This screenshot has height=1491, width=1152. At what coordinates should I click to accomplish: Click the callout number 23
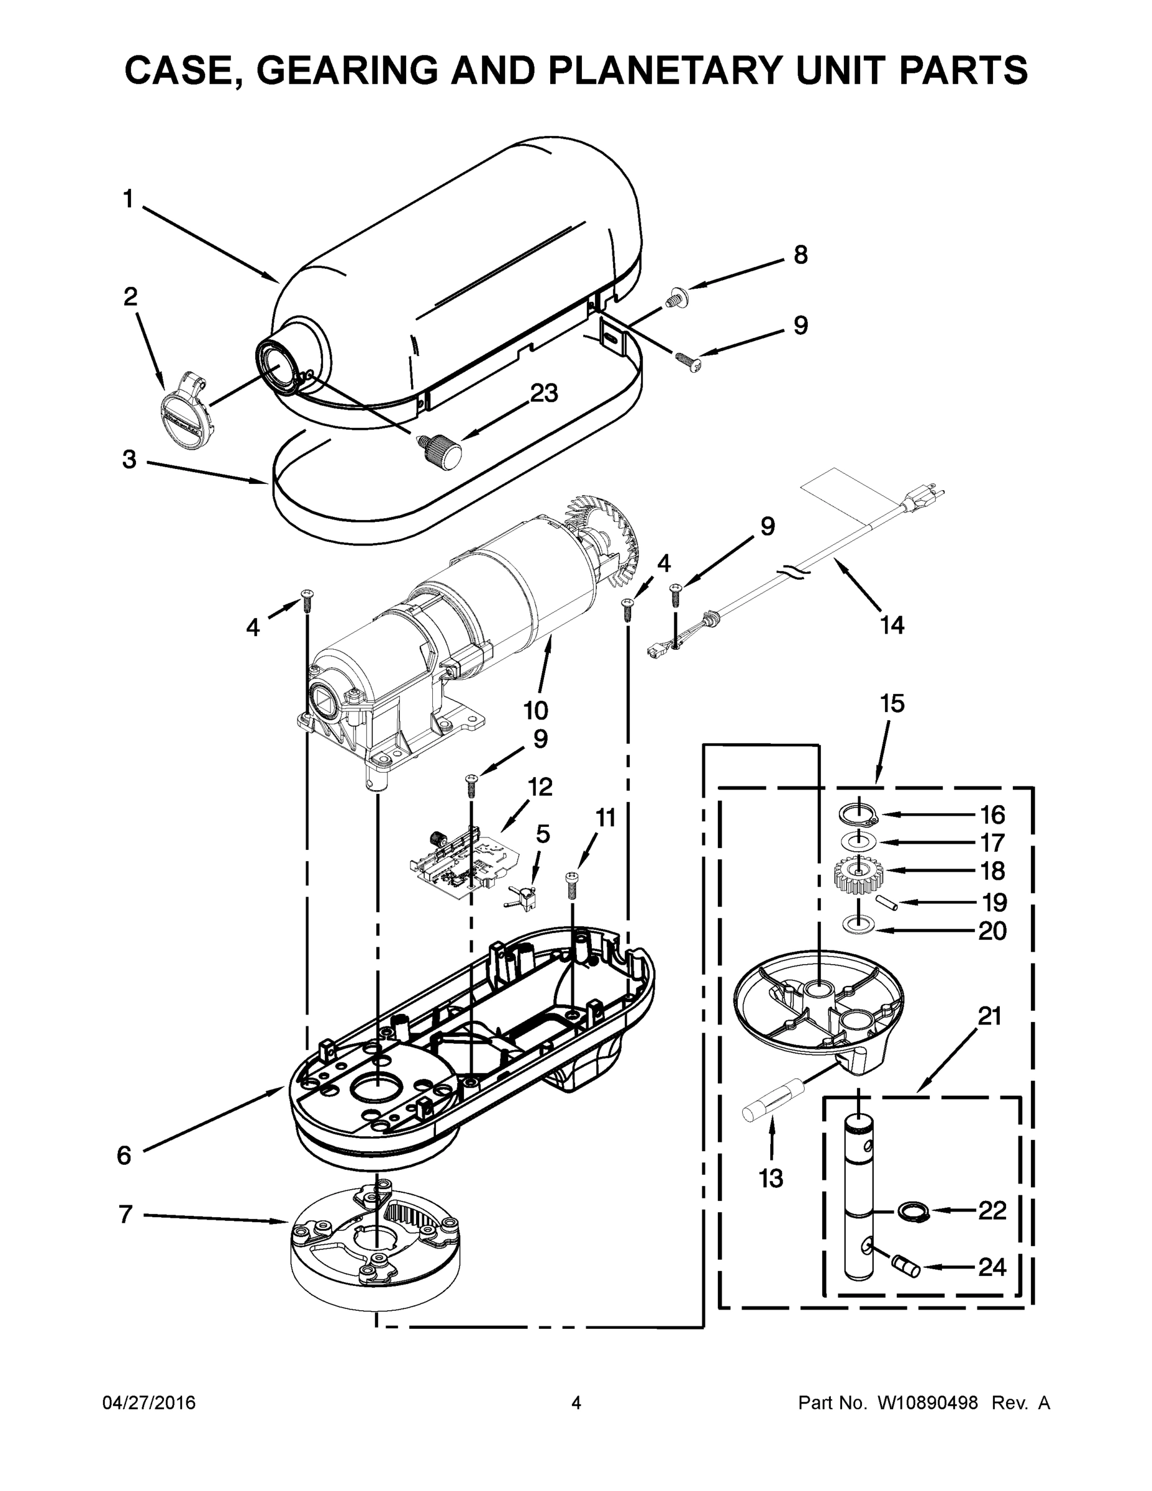544,393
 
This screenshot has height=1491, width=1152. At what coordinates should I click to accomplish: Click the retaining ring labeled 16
857,814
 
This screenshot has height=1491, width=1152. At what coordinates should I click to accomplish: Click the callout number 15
892,703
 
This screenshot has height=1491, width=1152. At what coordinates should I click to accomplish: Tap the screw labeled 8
676,298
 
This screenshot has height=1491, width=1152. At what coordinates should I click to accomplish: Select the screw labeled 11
572,886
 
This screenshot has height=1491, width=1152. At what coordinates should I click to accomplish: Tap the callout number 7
125,1215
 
